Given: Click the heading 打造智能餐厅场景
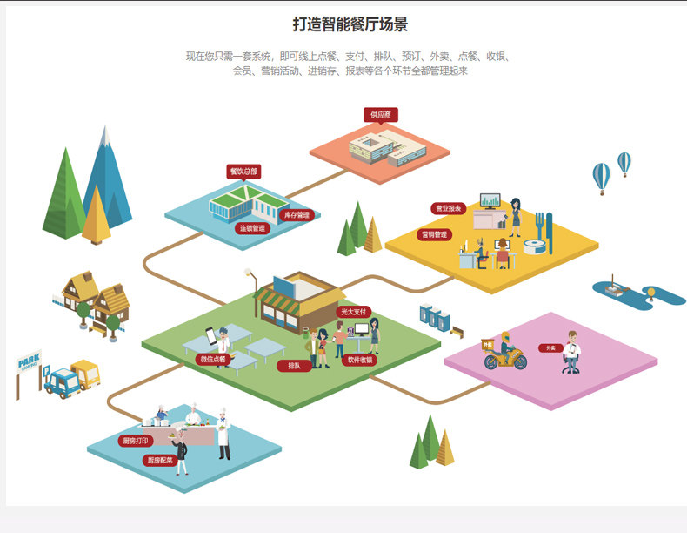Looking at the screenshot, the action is point(350,24).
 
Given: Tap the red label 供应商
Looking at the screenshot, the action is point(381,115).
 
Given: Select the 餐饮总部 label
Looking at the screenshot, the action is point(243,172).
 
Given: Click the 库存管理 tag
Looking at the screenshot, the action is point(296,214).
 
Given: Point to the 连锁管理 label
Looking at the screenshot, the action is point(252,228).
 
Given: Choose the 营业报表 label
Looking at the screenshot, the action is point(449,209).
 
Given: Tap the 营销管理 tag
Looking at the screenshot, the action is point(434,234).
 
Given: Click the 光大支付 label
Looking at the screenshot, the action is point(354,311).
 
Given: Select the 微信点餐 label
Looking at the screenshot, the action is point(213,359).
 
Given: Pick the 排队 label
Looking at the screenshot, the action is point(294,366).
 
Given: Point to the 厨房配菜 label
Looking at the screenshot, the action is point(160,460).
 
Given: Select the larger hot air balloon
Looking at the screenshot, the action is point(601,178).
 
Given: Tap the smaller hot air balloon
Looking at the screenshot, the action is point(624,162).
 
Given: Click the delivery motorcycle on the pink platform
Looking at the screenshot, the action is point(505,354).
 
